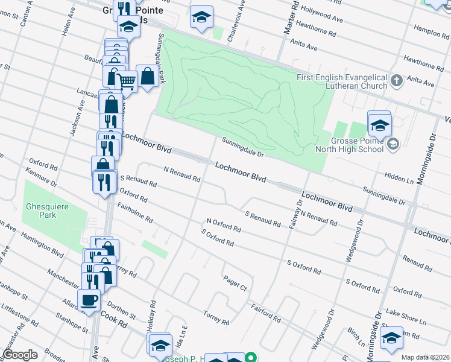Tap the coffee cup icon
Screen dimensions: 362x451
(x=89, y=300)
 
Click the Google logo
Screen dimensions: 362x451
(x=20, y=355)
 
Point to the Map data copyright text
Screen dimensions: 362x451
(x=426, y=357)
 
